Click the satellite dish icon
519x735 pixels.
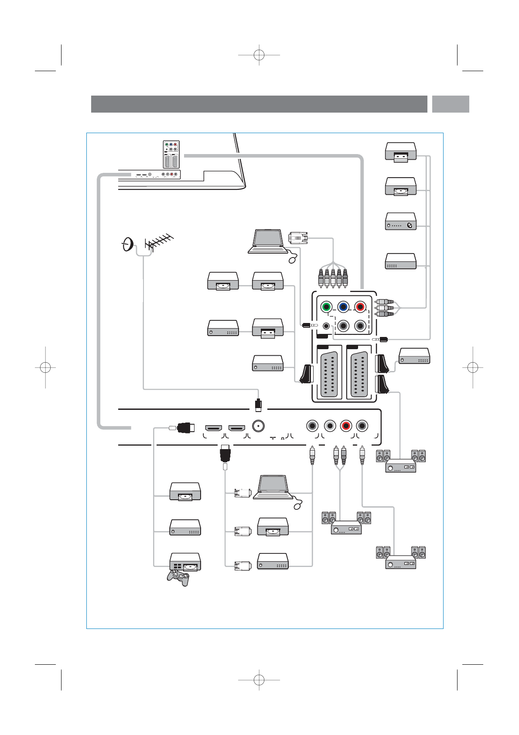127,244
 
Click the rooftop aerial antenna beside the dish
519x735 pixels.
159,242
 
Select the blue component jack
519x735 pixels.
343,307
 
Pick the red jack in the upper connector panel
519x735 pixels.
360,307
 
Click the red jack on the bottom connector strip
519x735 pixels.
346,426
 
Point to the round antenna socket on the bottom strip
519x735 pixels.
259,426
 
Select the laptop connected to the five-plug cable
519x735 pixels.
267,241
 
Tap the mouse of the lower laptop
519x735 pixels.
298,506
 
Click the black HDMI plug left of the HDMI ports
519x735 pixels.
185,428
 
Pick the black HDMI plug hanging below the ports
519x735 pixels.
225,454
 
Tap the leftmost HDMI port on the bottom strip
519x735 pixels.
214,427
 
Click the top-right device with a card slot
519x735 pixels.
400,151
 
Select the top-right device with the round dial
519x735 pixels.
400,222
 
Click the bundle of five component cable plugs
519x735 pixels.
333,278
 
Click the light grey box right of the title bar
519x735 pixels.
451,104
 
